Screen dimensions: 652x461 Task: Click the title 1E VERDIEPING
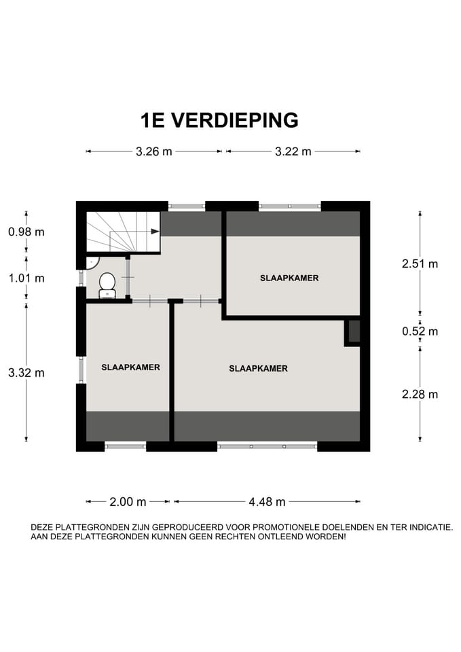(219, 120)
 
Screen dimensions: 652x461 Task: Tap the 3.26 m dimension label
(153, 151)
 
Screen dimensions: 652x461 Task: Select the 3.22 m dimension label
(293, 151)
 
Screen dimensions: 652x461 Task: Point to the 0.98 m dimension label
(26, 232)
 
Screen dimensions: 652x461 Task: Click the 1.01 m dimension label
(26, 278)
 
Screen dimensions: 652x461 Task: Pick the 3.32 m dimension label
(26, 372)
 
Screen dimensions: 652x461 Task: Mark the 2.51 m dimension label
(420, 264)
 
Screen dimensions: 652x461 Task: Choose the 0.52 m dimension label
(420, 331)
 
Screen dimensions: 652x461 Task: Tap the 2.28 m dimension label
(420, 394)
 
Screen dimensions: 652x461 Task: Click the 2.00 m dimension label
(128, 502)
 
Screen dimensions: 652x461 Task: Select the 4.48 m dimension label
(267, 502)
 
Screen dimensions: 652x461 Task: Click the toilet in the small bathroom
(107, 284)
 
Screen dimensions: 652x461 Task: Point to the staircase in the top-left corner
(122, 232)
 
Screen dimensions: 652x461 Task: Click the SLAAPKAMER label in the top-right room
(289, 278)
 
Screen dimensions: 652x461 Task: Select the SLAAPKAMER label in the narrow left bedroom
(130, 367)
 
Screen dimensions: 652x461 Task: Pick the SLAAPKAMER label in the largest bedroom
(258, 369)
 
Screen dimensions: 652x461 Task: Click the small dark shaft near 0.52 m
(354, 331)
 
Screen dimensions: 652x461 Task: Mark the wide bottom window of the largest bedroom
(267, 446)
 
